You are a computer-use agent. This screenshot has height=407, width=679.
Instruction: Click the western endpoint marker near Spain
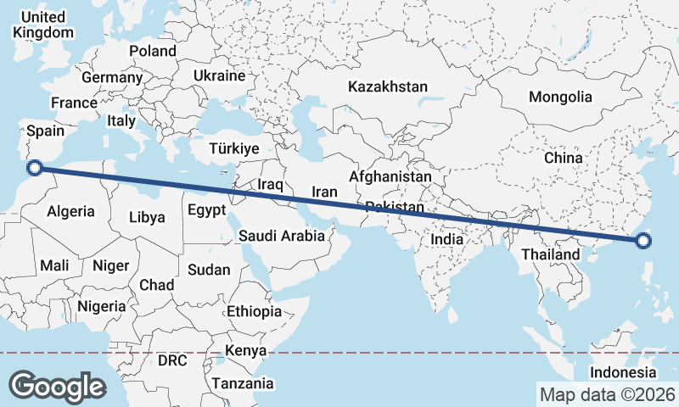tap(36, 167)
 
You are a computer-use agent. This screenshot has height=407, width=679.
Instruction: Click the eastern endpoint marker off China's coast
tap(643, 241)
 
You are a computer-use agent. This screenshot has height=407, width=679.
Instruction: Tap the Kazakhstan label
tap(389, 86)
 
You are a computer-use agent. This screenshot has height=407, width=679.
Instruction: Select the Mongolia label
tap(560, 97)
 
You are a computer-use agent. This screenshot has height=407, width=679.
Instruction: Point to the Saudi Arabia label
tap(282, 236)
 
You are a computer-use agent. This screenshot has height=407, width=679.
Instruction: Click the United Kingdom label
tap(43, 25)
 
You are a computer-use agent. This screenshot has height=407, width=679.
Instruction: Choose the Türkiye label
tap(233, 148)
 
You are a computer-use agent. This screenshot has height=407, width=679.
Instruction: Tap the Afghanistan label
tap(390, 176)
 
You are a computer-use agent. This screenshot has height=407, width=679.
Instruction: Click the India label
tap(446, 239)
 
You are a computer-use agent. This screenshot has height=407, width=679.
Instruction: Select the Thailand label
tap(550, 254)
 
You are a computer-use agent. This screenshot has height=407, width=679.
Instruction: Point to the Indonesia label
tap(624, 372)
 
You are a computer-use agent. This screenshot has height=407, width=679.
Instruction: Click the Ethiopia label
tap(254, 312)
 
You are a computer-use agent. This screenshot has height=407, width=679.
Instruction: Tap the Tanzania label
tap(244, 383)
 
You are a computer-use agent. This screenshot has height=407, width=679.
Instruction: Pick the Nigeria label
tap(101, 306)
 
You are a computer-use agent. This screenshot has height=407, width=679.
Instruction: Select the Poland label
tap(153, 51)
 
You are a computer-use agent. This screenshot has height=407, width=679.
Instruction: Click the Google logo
tap(57, 386)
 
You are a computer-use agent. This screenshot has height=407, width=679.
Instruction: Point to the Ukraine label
tap(219, 75)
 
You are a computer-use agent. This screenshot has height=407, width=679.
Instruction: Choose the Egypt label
tap(206, 209)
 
